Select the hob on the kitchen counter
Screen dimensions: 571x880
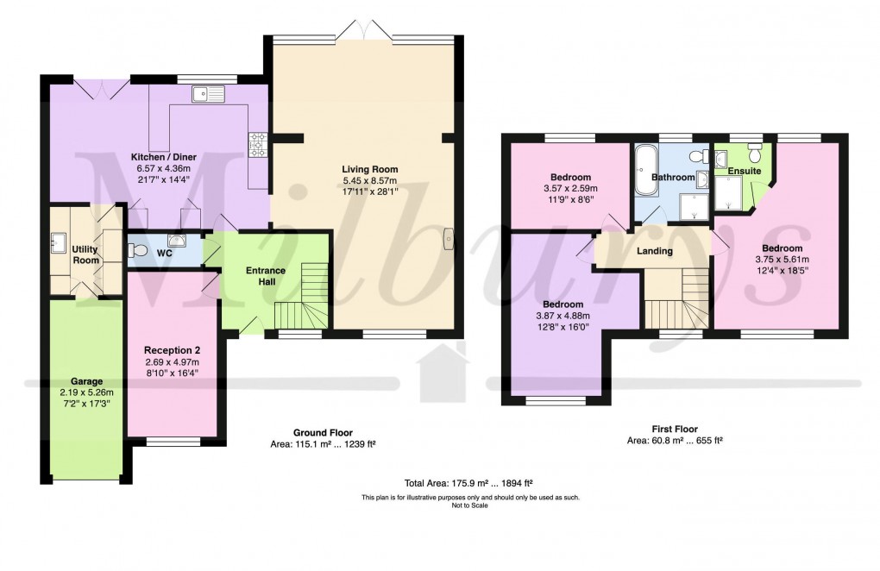(x=256, y=145)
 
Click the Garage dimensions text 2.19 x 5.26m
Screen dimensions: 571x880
(x=86, y=392)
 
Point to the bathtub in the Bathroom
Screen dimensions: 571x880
(x=644, y=171)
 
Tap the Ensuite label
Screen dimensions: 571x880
(x=744, y=172)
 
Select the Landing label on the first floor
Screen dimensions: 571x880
(x=654, y=251)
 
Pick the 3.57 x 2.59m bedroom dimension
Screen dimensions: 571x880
(x=570, y=188)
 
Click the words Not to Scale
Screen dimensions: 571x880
(x=470, y=505)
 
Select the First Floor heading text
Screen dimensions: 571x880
(x=675, y=429)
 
